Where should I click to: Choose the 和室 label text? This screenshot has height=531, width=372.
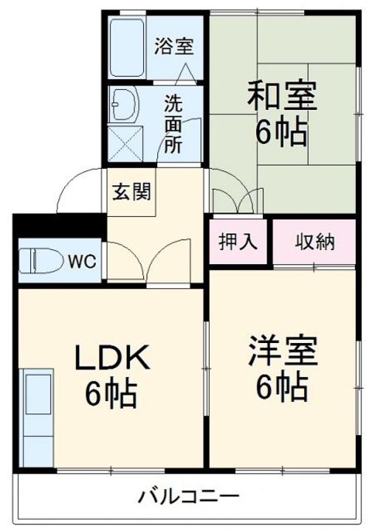(x=280, y=97)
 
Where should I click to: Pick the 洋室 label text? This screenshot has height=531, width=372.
(x=282, y=353)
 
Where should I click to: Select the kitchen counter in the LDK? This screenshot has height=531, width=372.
(x=34, y=413)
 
